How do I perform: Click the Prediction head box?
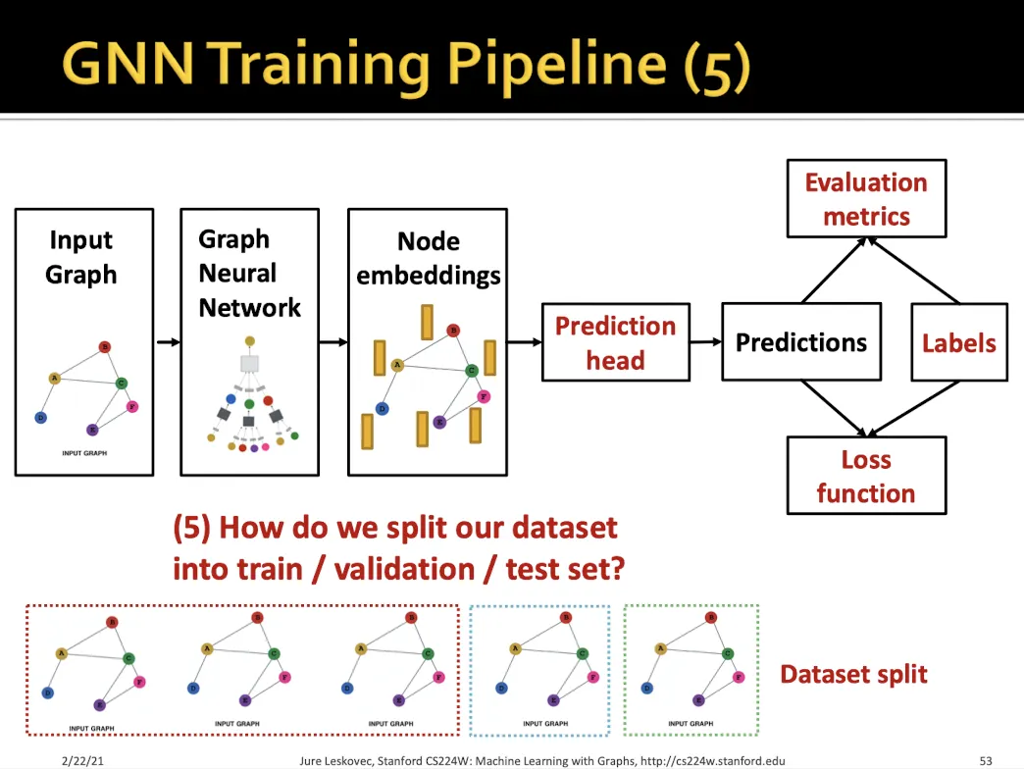615,342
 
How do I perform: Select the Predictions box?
801,342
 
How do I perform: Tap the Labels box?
958,343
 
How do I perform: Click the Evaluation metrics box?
866,199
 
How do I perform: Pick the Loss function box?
866,476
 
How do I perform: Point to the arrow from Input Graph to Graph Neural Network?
168,342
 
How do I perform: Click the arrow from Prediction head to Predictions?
705,342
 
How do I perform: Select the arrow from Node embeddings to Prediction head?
525,342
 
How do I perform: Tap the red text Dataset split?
853,674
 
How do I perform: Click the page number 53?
986,760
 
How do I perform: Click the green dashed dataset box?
691,670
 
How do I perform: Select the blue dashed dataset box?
539,670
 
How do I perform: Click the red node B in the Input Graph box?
105,347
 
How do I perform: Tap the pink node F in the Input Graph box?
131,406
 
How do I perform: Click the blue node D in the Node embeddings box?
383,409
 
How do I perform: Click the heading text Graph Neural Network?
249,274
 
